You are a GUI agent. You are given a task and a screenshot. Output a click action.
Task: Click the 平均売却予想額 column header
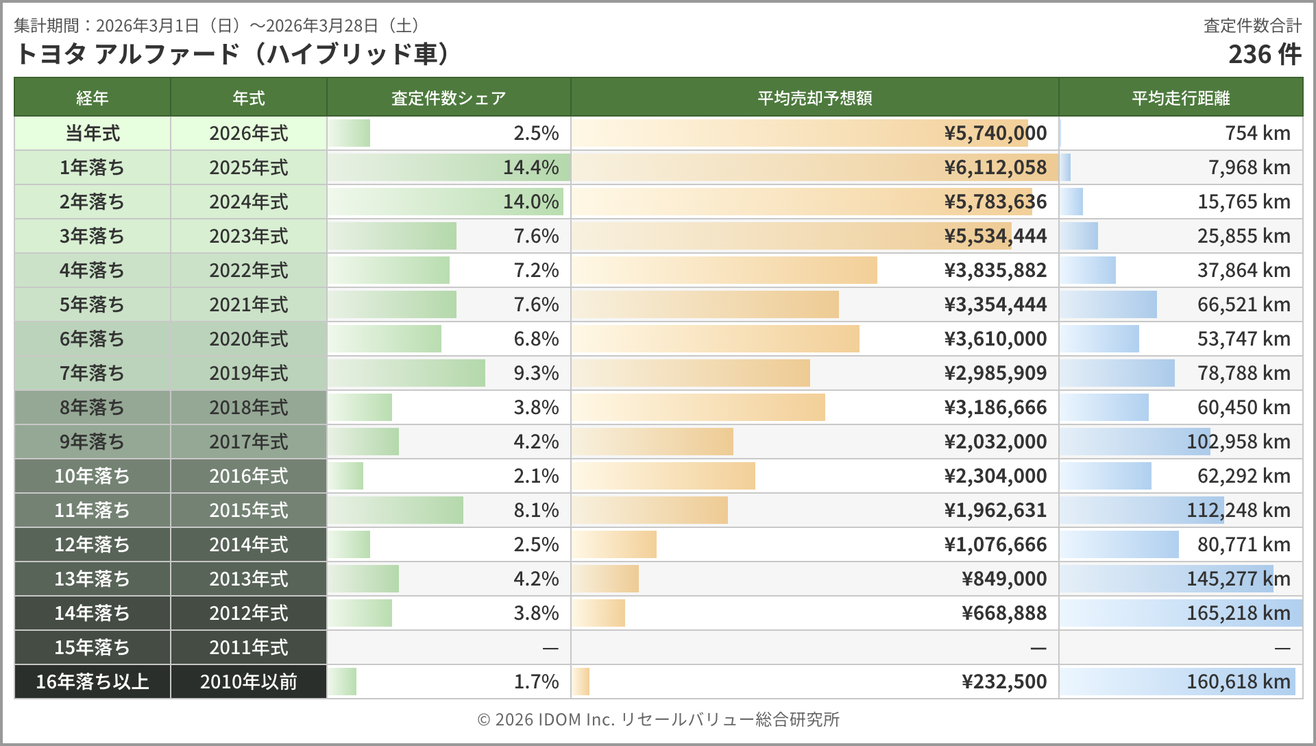tap(814, 98)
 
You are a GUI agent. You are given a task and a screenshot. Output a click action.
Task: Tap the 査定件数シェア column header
tap(448, 98)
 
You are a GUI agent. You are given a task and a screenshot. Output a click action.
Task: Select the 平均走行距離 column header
tap(1180, 98)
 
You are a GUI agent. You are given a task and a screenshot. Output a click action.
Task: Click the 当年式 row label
tap(93, 133)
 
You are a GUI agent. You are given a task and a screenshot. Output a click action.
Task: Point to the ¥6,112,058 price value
tap(995, 167)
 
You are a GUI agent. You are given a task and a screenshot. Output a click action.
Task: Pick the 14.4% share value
tap(531, 167)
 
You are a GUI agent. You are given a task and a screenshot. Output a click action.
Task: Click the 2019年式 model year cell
tap(248, 373)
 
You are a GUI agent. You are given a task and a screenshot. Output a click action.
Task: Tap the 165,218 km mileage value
tap(1238, 613)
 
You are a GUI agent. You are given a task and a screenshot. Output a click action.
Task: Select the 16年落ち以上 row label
tap(93, 682)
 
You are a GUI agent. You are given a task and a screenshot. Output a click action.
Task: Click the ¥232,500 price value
tap(1004, 682)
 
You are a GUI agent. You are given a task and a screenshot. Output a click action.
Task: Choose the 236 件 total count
tap(1264, 54)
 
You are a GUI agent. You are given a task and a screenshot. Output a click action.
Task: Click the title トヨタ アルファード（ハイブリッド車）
tap(232, 54)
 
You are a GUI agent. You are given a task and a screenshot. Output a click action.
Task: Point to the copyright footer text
tap(658, 719)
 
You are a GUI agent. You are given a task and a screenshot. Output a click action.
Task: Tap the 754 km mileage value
tap(1257, 133)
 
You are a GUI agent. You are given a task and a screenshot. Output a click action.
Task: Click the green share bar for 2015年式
tap(395, 510)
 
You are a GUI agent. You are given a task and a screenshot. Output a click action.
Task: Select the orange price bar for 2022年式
tap(724, 270)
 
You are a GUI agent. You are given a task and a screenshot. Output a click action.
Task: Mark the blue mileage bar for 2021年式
tap(1108, 304)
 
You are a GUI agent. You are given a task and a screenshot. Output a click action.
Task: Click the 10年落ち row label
tap(93, 476)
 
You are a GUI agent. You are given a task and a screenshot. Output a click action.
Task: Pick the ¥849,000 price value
tap(1004, 579)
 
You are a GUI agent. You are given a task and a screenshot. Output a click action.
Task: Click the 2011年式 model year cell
tap(248, 647)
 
